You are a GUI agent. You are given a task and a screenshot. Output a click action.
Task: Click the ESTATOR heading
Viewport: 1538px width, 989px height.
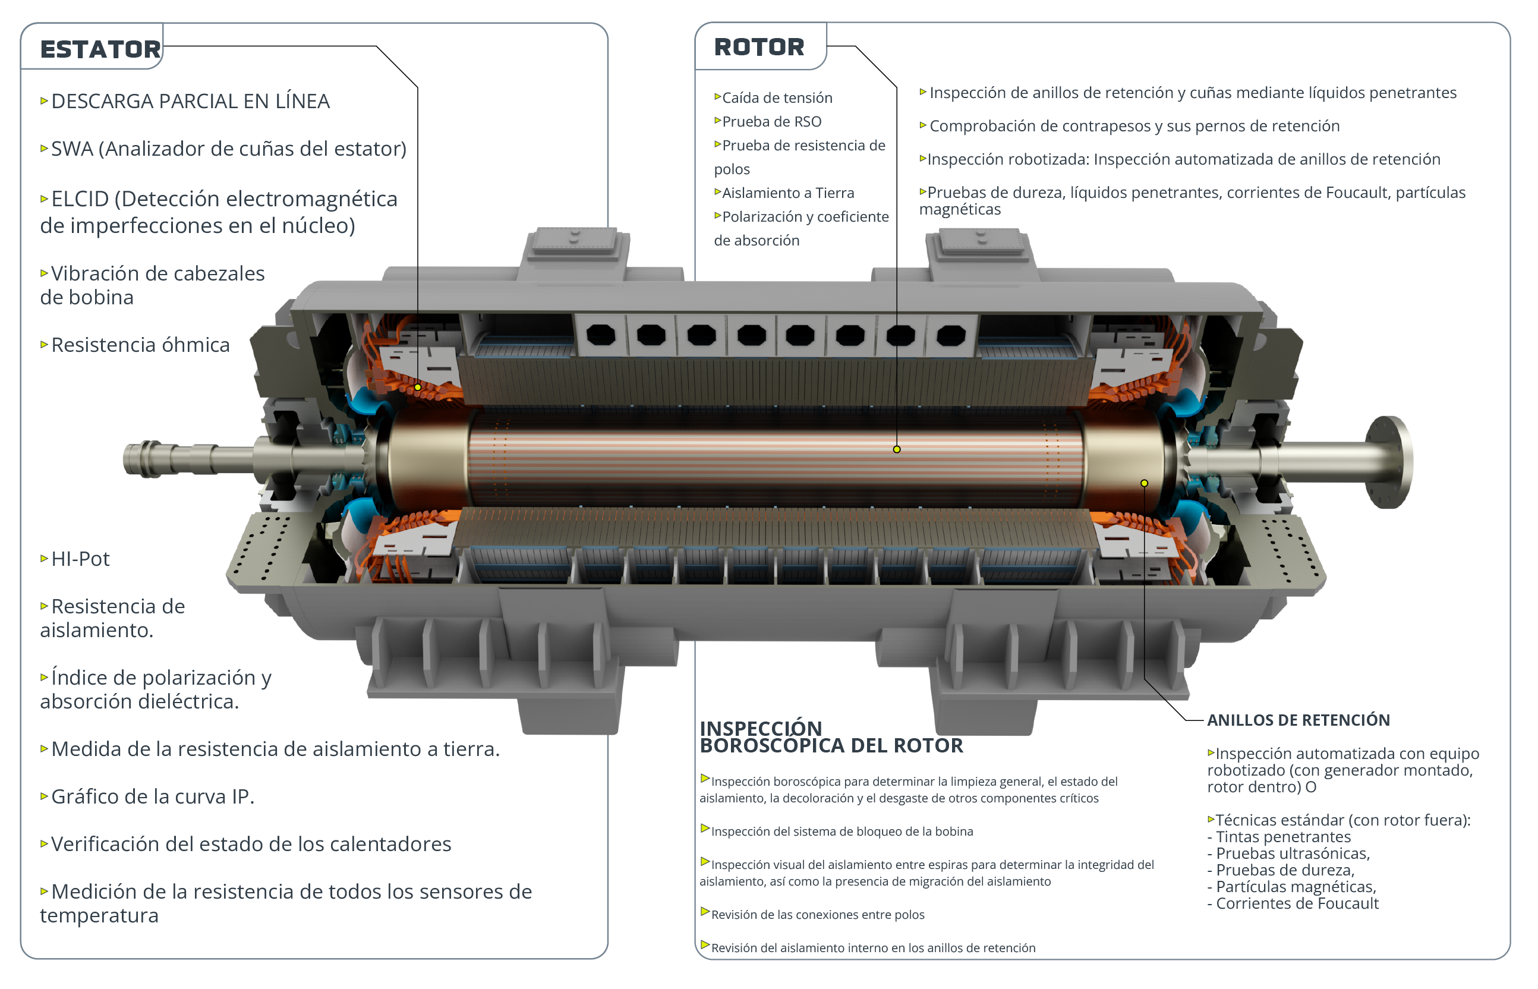[100, 49]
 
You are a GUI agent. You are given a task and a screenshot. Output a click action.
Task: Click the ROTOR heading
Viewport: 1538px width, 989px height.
[759, 47]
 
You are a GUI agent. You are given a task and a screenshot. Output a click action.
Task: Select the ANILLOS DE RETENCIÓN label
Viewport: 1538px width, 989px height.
[1299, 720]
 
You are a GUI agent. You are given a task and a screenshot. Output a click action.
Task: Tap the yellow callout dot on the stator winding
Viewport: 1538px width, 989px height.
[417, 388]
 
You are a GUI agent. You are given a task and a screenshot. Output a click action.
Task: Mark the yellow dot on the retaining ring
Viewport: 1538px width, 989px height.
[1145, 483]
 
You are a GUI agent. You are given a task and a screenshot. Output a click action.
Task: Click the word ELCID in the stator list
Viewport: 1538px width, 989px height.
[80, 199]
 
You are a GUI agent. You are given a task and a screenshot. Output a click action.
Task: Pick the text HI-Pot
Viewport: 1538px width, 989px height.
[80, 559]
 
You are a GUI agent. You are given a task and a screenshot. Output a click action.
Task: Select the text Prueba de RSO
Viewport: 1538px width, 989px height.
[772, 121]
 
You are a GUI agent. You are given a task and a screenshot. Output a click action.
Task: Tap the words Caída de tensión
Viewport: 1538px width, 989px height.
[777, 97]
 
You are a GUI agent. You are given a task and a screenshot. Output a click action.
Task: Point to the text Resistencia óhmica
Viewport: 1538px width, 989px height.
[141, 345]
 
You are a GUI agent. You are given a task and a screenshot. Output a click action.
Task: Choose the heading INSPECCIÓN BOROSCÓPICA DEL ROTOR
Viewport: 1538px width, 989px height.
[831, 737]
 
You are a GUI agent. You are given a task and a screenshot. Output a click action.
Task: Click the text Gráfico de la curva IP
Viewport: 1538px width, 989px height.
[153, 796]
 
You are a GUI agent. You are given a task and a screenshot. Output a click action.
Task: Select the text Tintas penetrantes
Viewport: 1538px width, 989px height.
[1284, 837]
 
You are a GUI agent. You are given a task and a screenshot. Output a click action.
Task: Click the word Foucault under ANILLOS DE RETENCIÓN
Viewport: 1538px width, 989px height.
[1347, 903]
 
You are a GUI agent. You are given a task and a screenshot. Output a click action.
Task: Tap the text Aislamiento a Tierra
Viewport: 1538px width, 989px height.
[788, 193]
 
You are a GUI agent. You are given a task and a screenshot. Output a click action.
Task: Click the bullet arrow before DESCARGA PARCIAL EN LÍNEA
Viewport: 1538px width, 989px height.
[45, 101]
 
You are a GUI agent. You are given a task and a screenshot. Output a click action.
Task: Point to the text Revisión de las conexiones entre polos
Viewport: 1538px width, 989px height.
[818, 915]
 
